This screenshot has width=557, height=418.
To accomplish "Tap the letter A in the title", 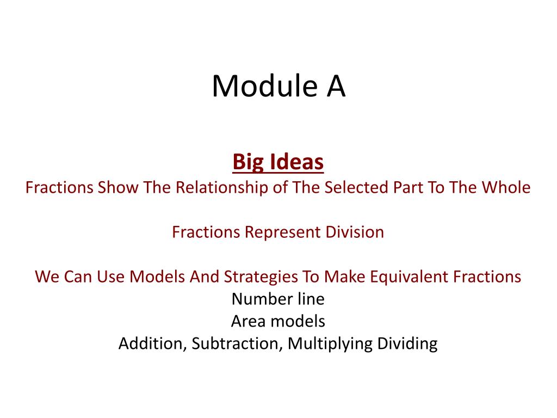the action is [336, 86].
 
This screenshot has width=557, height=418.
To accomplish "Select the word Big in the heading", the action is [248, 163].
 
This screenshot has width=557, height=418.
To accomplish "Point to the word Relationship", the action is [222, 188].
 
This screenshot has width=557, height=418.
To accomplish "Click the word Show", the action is [118, 187].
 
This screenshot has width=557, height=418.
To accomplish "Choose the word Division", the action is [355, 232].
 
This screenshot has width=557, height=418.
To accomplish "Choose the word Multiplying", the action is [330, 345].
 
